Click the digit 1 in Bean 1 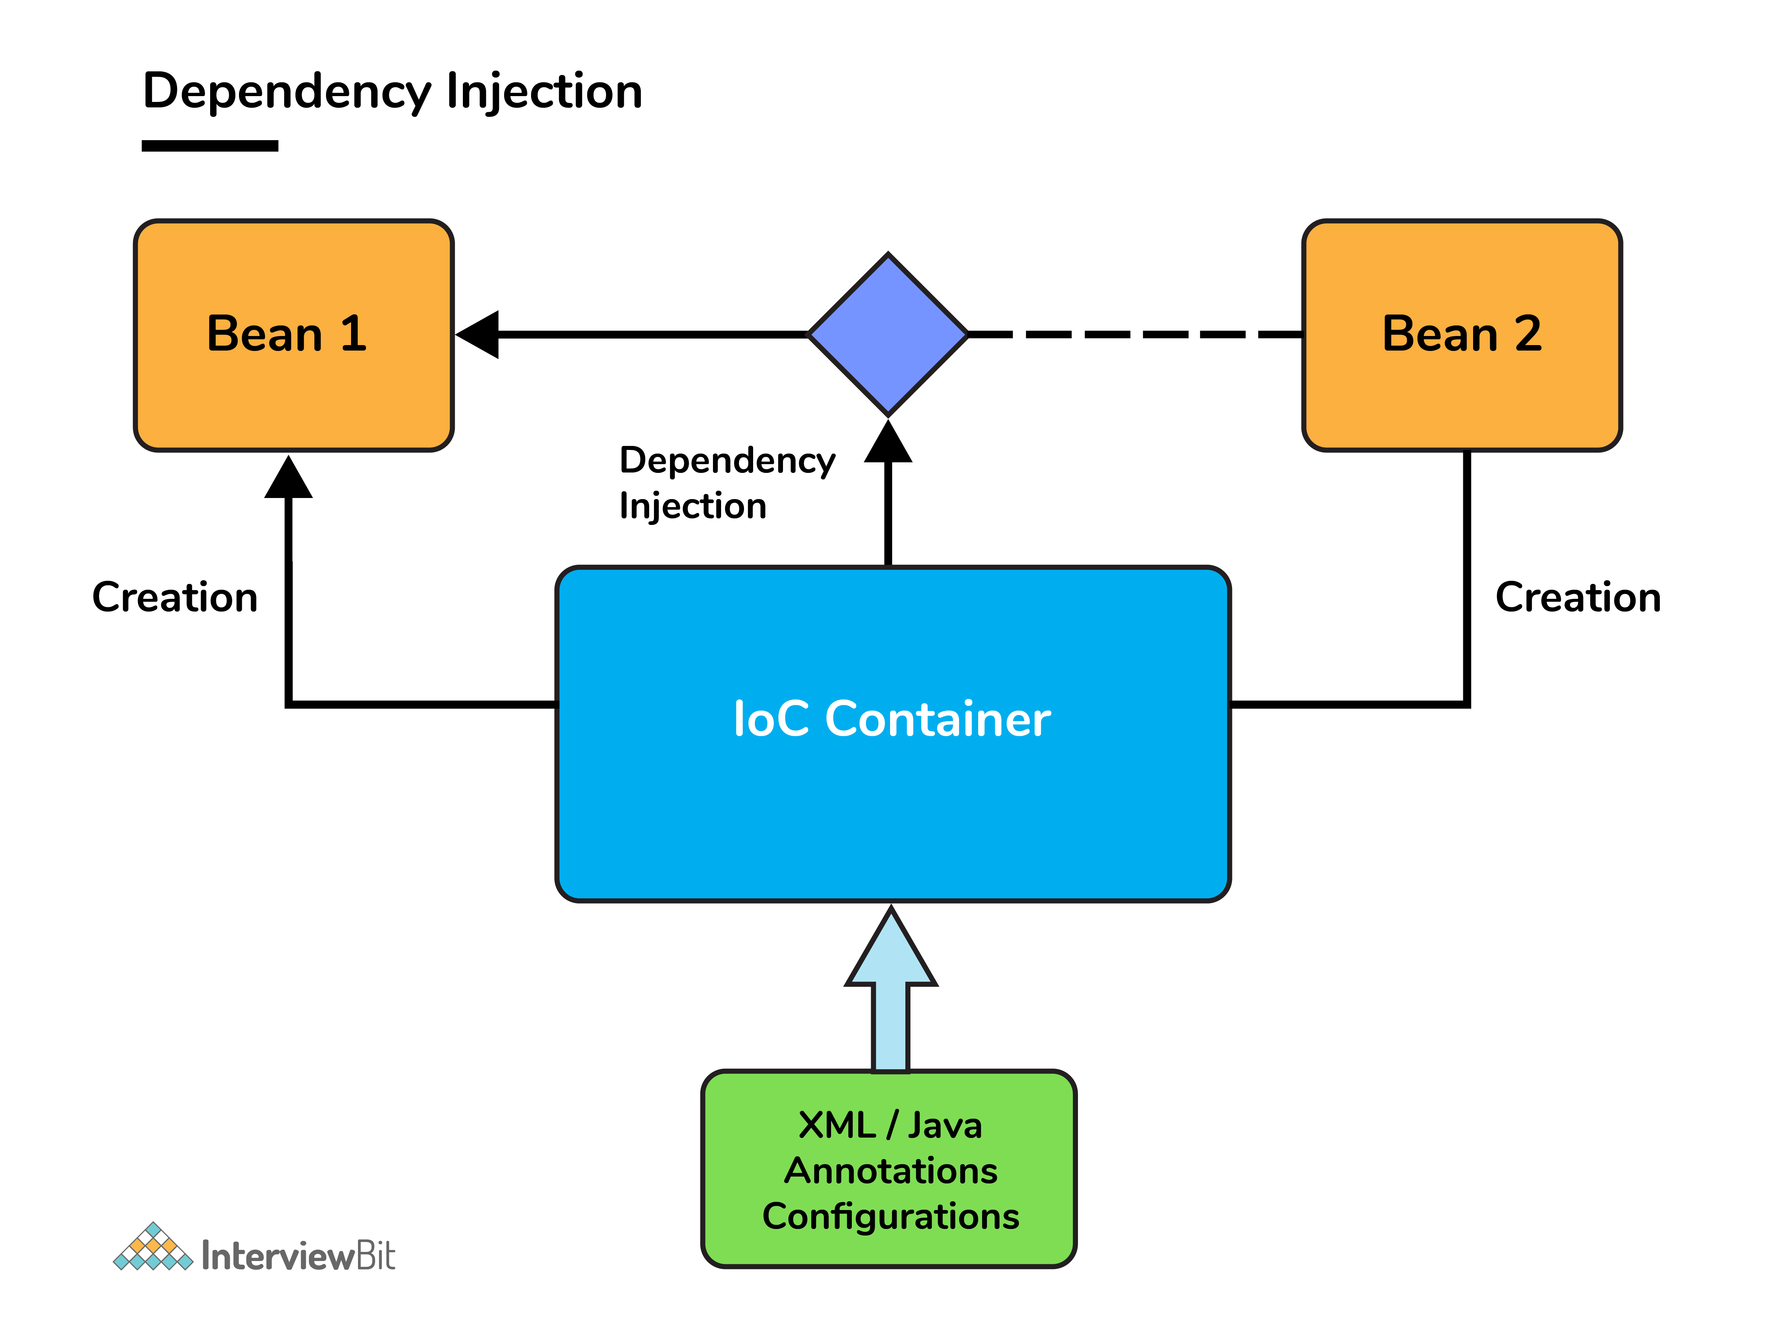point(353,334)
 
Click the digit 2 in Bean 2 point(1528,334)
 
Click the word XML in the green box point(837,1126)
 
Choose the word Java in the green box point(945,1126)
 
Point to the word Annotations point(890,1171)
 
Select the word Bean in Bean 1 point(264,334)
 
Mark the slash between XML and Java point(891,1126)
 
